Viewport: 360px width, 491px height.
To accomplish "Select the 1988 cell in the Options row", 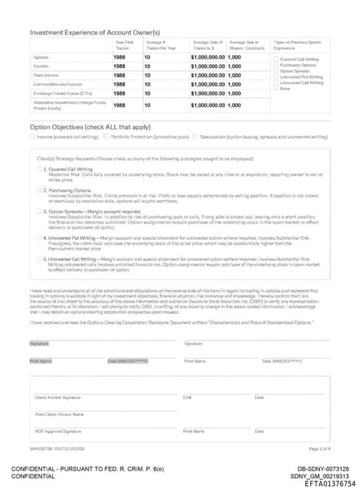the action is point(120,57).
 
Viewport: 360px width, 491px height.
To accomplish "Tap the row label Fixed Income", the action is point(45,75).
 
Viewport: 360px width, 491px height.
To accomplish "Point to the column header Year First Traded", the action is point(124,45).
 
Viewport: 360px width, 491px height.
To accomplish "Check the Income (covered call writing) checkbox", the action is point(32,136).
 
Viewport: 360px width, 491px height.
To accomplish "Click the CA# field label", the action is point(187,398).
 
